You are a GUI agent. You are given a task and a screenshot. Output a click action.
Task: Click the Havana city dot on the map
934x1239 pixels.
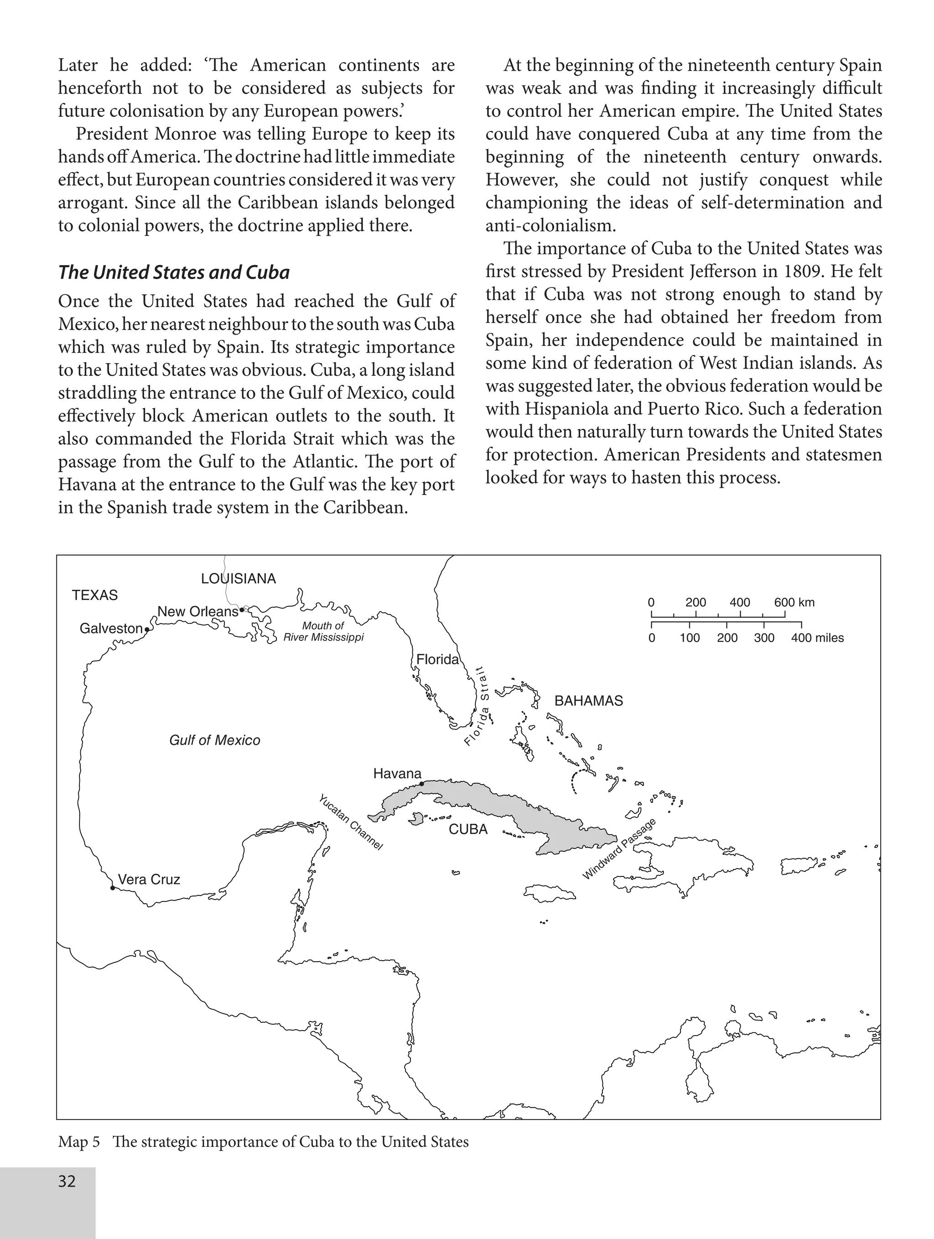(x=421, y=784)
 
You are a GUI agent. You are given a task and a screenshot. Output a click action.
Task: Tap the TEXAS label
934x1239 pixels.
(x=95, y=595)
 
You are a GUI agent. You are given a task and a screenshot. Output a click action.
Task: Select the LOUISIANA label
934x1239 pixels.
(x=239, y=578)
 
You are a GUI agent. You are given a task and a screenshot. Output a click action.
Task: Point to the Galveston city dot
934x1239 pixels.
(x=147, y=630)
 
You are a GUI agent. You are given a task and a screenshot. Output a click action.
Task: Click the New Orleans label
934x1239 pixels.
(x=197, y=612)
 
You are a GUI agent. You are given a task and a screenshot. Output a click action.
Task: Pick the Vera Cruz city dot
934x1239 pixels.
(x=113, y=888)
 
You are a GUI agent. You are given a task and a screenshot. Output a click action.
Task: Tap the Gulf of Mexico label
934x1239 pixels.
(x=214, y=740)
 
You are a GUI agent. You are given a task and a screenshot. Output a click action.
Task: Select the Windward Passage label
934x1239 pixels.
(x=619, y=849)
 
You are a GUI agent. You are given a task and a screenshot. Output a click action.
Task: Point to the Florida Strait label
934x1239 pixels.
(x=477, y=706)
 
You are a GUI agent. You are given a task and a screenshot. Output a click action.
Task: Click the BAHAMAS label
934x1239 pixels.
(x=588, y=701)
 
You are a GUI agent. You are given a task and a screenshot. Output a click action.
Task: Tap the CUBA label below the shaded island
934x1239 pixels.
(x=468, y=829)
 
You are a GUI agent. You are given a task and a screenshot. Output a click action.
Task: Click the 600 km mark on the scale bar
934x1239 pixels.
(x=794, y=603)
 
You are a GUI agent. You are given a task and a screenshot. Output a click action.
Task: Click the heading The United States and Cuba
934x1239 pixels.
(x=174, y=272)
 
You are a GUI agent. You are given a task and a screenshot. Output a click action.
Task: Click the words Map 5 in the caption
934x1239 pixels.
(x=78, y=1142)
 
